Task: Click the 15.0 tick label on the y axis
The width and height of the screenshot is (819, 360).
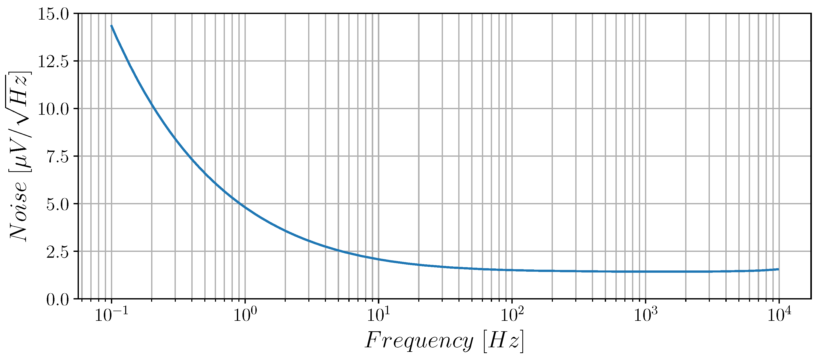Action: tap(53, 14)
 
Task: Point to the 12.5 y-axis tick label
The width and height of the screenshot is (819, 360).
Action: tap(53, 62)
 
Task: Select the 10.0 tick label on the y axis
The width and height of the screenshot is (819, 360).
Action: tap(53, 109)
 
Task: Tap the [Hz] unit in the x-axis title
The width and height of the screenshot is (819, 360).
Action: tap(503, 341)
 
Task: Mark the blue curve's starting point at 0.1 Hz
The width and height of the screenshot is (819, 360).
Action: tap(111, 26)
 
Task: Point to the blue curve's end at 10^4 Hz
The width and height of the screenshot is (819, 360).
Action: tap(778, 269)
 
